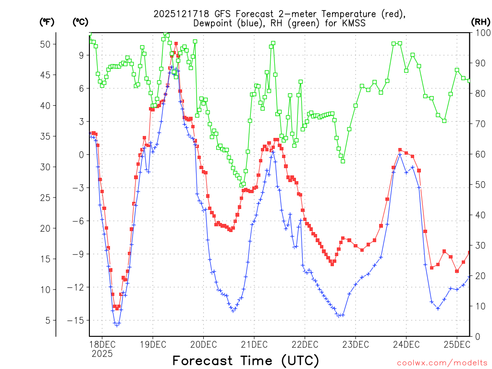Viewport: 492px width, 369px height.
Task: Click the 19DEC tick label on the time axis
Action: point(152,344)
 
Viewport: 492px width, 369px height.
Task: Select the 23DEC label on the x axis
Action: point(355,344)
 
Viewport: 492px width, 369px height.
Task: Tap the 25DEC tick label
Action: point(456,344)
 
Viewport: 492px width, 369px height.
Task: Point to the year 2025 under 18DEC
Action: point(102,354)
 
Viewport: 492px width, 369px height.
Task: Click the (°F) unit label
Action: point(47,22)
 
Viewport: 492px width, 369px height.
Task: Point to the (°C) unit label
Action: point(81,22)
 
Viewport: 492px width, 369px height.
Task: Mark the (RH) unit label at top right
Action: point(480,22)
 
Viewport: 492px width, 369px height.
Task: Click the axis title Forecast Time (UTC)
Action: point(246,360)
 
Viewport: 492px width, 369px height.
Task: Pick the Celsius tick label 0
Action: point(81,155)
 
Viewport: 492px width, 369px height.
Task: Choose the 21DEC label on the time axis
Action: point(254,344)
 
